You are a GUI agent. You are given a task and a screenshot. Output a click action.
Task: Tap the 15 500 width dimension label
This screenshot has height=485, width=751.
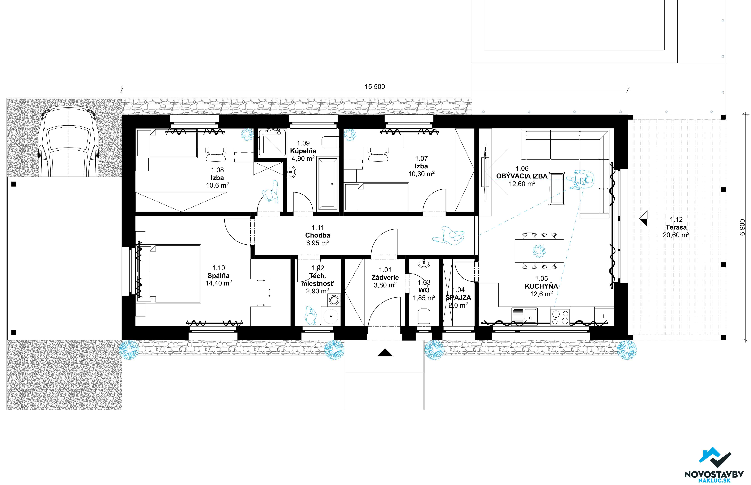click(x=375, y=87)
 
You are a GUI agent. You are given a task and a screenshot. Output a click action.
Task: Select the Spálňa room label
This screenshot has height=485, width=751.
click(x=219, y=276)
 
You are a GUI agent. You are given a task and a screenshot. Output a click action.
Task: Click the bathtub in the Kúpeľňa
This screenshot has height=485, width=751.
click(x=328, y=184)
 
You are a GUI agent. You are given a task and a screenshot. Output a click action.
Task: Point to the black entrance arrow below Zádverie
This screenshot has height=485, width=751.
click(x=385, y=352)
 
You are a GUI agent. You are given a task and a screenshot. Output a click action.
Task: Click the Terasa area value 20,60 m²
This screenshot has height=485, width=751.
click(x=676, y=235)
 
